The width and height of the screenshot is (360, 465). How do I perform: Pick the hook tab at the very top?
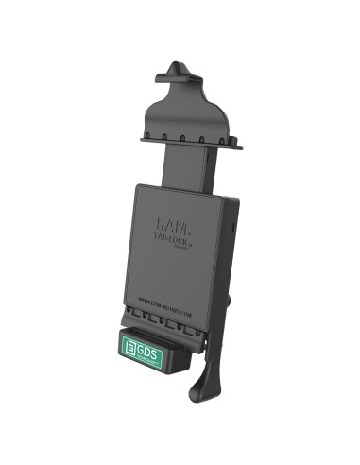coord(179,70)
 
